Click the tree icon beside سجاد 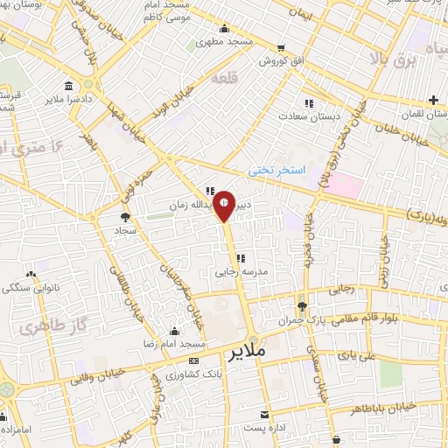[x=125, y=216]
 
